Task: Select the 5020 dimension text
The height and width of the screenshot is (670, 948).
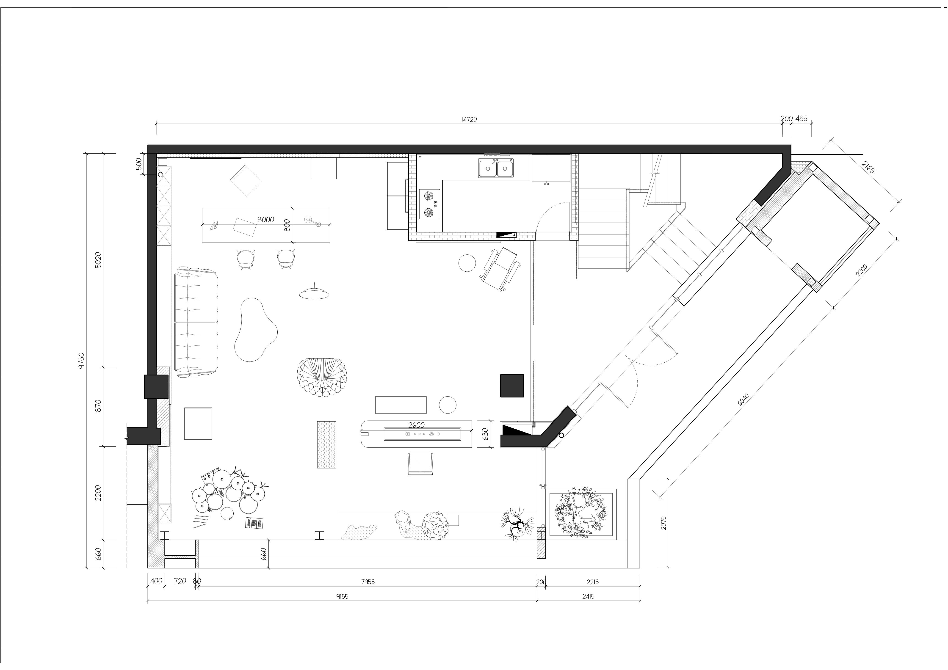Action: point(98,260)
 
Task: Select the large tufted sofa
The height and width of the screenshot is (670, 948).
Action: point(196,322)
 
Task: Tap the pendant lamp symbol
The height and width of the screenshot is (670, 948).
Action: point(315,292)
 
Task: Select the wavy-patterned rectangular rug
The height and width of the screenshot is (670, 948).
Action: point(327,445)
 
